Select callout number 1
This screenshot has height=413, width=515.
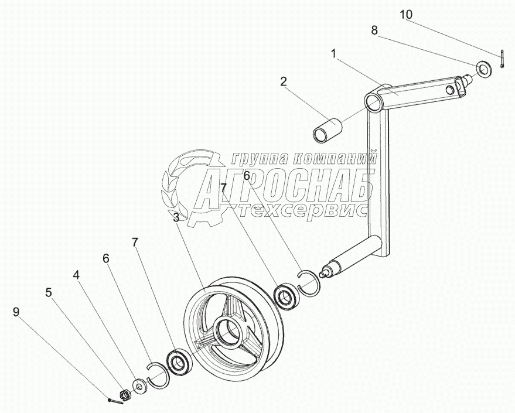(333, 54)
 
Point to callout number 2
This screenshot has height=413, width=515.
(284, 81)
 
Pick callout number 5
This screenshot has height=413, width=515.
(49, 291)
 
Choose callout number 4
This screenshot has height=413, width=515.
(77, 274)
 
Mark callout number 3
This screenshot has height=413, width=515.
(176, 217)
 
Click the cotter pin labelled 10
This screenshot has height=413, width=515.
(503, 60)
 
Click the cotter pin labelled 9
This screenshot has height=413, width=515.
(116, 401)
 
